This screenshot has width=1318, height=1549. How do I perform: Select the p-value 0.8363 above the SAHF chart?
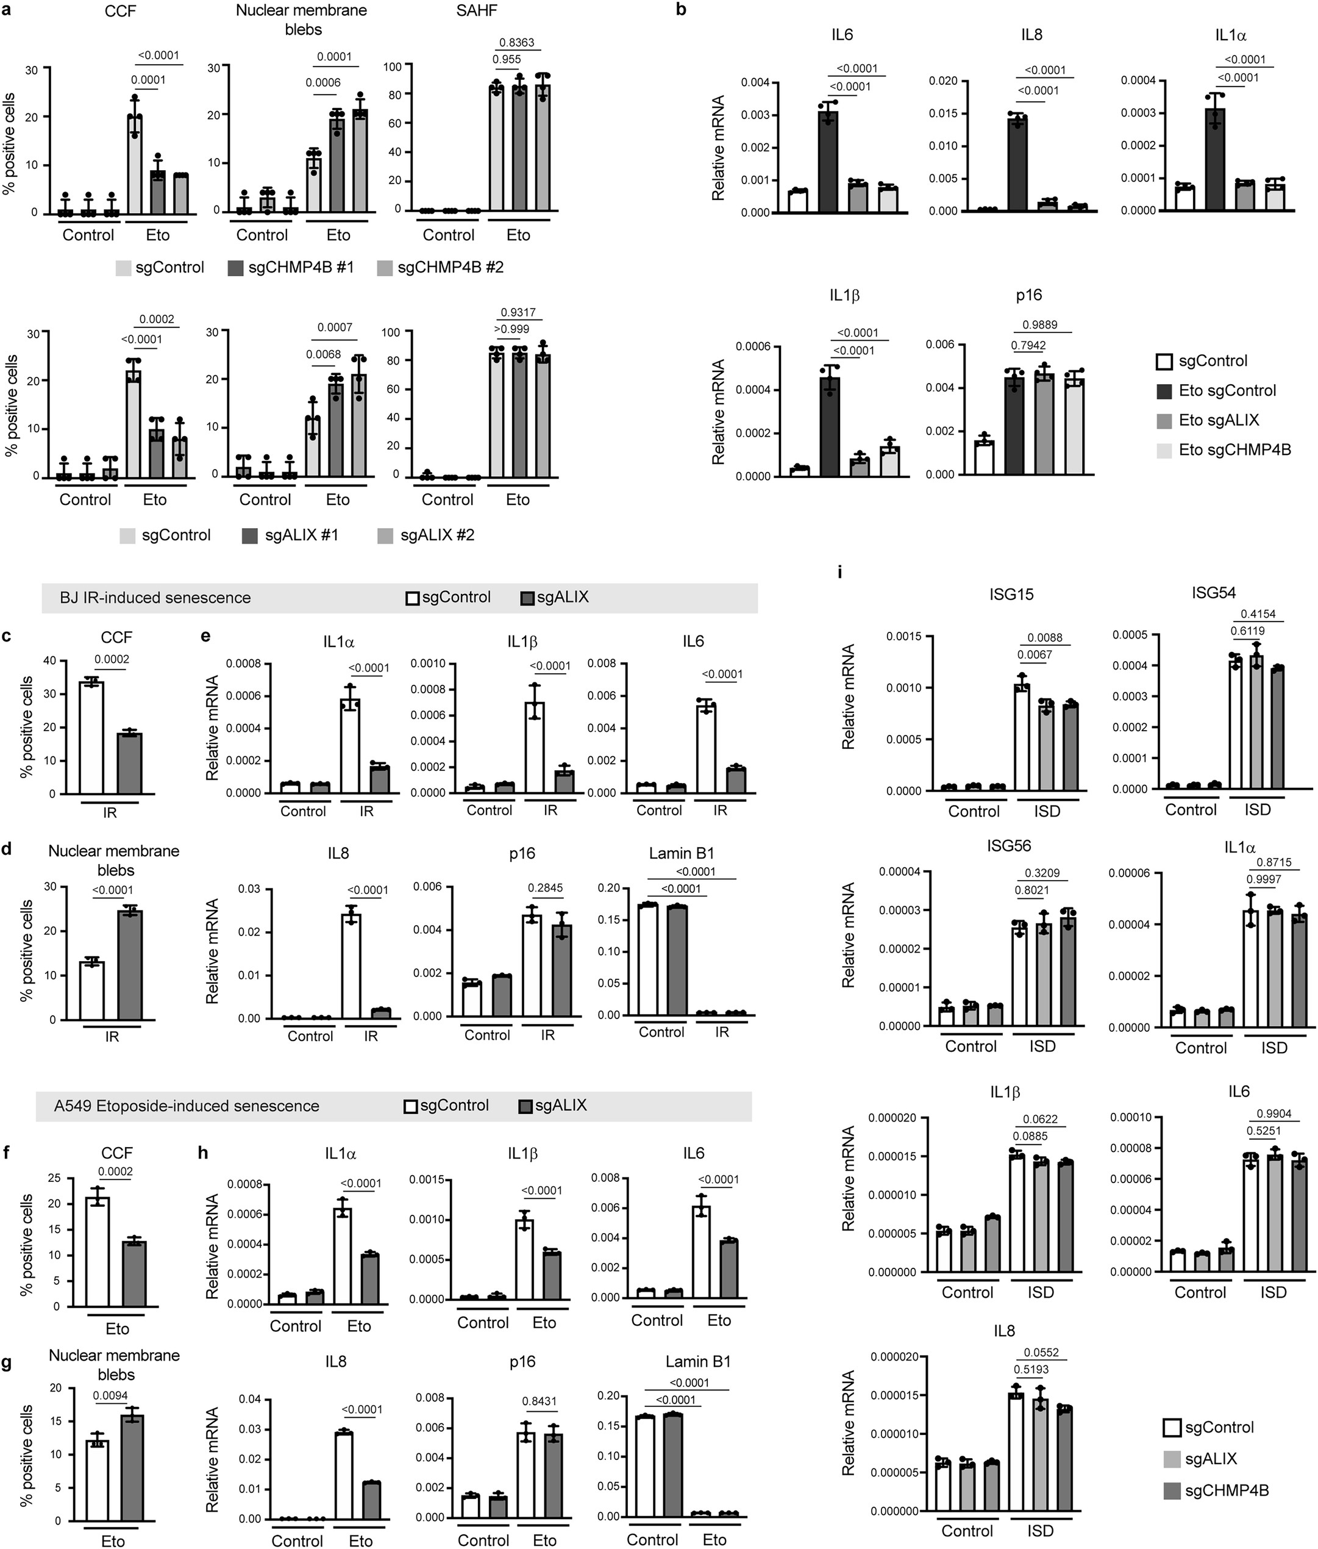[517, 43]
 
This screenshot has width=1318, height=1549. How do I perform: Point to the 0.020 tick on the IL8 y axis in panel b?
[943, 82]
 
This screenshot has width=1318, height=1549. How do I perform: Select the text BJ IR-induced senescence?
[155, 598]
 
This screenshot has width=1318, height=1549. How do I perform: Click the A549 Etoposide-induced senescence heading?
[186, 1106]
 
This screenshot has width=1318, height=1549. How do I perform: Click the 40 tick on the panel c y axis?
[50, 660]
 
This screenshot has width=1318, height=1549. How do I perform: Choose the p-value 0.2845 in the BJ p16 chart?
[546, 889]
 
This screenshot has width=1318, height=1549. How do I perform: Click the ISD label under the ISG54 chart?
[1258, 809]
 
